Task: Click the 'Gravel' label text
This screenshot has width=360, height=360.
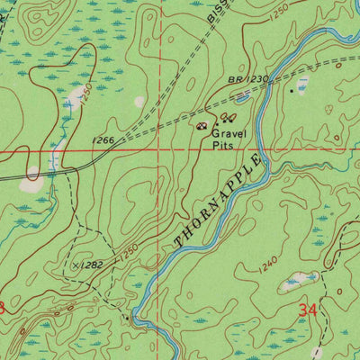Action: [230, 132]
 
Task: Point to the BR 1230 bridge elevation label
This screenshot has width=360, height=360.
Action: [247, 79]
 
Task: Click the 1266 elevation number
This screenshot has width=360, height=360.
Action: [103, 139]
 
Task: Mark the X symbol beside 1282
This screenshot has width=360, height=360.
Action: [76, 265]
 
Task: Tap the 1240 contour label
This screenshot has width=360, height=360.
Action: [266, 265]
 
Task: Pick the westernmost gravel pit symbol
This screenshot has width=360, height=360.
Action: [202, 126]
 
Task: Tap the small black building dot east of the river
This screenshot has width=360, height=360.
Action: [292, 90]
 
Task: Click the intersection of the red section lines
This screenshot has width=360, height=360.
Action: [161, 152]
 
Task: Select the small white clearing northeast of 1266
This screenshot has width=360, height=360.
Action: [139, 102]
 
